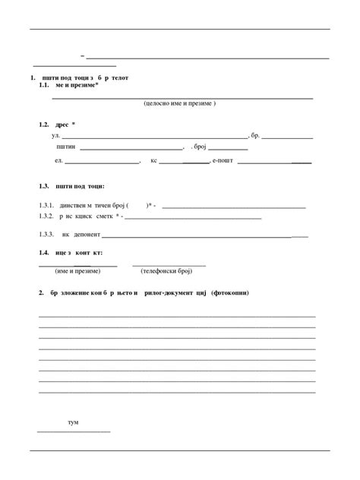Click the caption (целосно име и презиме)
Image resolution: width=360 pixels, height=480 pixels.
[180, 103]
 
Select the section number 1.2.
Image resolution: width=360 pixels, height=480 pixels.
[44, 125]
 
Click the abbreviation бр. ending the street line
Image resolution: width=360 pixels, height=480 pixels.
[255, 135]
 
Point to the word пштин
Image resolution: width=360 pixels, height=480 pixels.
[65, 148]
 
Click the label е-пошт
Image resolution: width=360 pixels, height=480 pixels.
[224, 161]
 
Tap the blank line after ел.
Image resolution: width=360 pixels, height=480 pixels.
[103, 163]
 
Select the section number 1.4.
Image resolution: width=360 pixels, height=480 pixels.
[44, 252]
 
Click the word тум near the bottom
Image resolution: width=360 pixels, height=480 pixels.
[73, 422]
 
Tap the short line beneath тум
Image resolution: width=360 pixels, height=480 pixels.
[74, 431]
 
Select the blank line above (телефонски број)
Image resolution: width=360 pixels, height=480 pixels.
[169, 265]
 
